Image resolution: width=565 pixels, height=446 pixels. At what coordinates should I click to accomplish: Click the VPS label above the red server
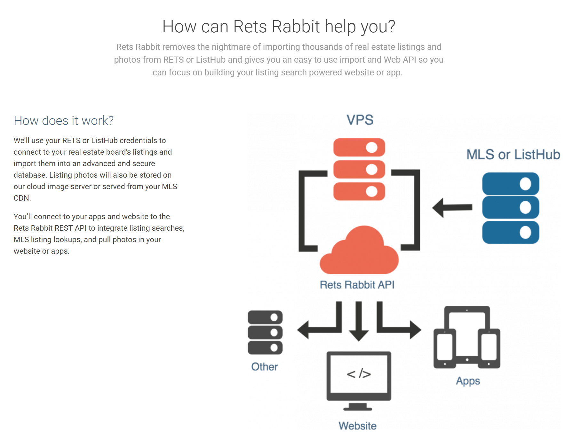coord(360,120)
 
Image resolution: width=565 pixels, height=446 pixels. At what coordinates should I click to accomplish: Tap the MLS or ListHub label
coord(513,155)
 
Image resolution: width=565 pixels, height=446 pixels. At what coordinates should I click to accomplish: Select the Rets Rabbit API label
coord(357,285)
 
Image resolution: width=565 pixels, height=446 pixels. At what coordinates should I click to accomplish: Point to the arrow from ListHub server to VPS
coord(452,208)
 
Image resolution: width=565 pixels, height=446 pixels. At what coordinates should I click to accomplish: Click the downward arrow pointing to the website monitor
coord(359,321)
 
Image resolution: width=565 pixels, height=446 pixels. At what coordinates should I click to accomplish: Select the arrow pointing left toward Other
coord(317,329)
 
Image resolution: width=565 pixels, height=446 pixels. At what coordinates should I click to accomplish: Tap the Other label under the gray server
coord(264,367)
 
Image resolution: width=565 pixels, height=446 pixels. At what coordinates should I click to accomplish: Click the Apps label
coord(468,381)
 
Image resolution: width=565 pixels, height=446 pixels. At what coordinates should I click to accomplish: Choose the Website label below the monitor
coord(357,426)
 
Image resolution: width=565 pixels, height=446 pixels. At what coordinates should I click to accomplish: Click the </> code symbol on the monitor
coord(359,373)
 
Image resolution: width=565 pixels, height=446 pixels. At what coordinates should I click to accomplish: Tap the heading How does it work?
coord(64,121)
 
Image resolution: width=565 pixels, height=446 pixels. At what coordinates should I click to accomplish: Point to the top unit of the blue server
coord(511,184)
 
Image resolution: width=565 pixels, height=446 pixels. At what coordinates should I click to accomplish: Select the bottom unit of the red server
coord(359,191)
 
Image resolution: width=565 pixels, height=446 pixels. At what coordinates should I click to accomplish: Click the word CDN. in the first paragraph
coord(22,198)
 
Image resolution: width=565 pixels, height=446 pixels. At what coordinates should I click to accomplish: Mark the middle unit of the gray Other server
coord(265,333)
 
